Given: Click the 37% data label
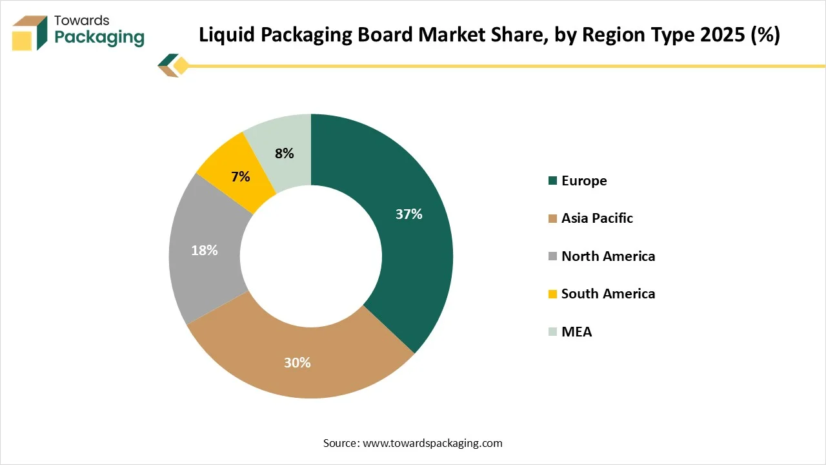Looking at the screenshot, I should [x=408, y=214].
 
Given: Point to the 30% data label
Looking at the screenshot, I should [x=297, y=363].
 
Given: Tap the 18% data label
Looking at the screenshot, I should [x=204, y=251].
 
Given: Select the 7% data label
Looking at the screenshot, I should [x=240, y=176].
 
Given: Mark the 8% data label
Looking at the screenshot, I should [x=284, y=154].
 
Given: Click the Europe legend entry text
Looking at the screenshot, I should [x=584, y=181].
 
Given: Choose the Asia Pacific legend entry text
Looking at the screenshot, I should [x=597, y=218].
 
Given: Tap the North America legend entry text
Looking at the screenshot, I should [x=608, y=256].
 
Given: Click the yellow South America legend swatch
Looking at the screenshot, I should [x=552, y=294].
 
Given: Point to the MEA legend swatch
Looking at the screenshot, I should [x=552, y=332].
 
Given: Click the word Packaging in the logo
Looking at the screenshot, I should [x=99, y=37].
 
